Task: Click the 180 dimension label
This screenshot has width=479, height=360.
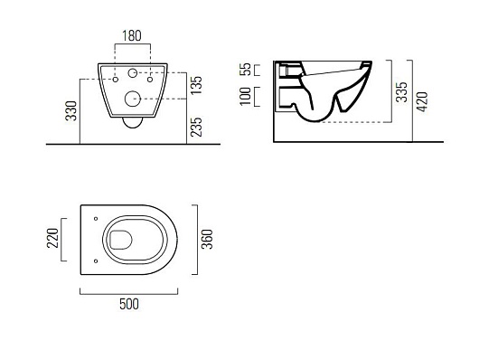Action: [132, 36]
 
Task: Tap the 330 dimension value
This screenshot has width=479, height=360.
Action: [71, 110]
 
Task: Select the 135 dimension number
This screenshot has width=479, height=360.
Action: [196, 85]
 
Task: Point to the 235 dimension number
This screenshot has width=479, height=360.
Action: [196, 127]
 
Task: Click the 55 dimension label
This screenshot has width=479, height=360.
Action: [245, 69]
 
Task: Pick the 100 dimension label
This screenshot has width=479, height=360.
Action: [245, 97]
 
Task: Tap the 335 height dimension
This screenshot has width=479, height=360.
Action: [401, 91]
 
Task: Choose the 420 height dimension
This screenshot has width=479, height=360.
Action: [422, 102]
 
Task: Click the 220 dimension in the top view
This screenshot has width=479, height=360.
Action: [52, 238]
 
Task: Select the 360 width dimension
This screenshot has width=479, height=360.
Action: [208, 239]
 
